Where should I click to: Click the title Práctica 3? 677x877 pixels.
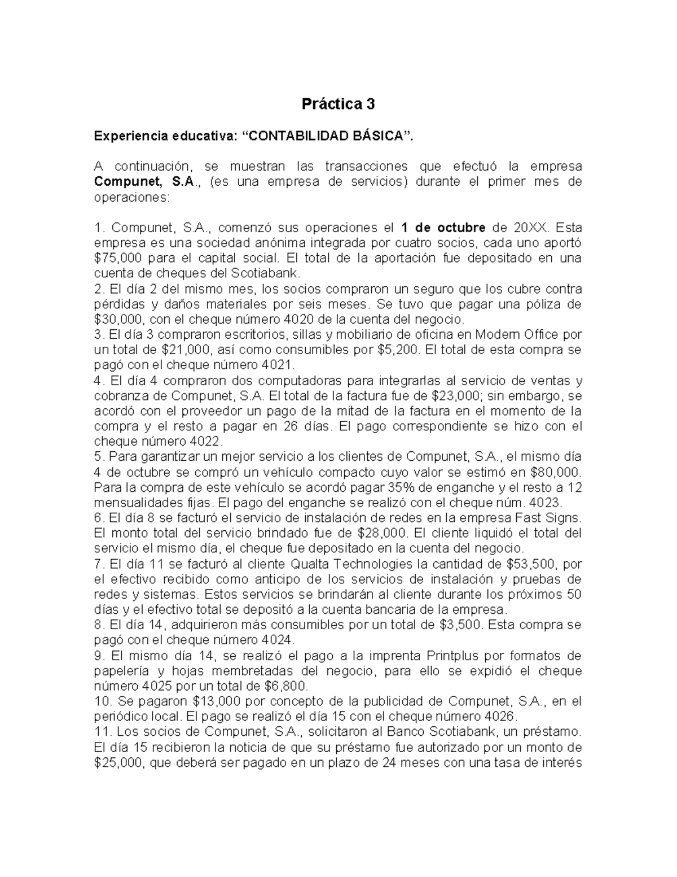point(338,104)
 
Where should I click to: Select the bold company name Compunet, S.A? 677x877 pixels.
point(144,182)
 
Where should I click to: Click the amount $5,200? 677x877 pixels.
point(398,350)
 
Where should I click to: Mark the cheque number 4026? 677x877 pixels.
point(500,717)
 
